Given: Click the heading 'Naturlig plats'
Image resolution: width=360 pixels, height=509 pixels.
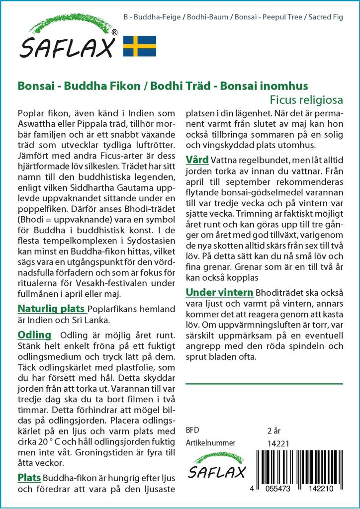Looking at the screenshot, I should [x=51, y=309].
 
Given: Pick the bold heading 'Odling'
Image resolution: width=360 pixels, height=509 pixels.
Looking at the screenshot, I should [x=34, y=335].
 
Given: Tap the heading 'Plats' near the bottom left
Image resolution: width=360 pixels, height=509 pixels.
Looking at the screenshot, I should [x=29, y=478].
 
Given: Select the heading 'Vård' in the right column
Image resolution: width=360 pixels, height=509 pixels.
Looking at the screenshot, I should [x=197, y=160].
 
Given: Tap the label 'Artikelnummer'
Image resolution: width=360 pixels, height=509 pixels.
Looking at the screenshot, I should [x=210, y=443].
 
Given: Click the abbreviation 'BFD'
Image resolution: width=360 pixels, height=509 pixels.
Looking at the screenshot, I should [x=192, y=430].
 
